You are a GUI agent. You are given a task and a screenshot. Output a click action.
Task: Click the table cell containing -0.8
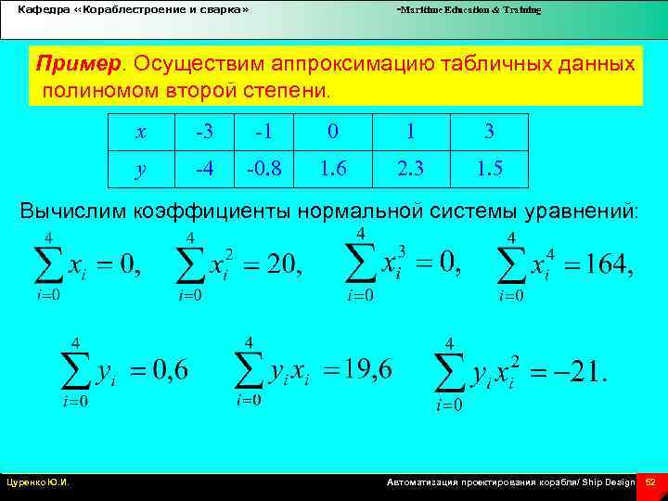tap(264, 169)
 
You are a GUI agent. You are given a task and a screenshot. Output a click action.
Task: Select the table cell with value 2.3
tap(411, 169)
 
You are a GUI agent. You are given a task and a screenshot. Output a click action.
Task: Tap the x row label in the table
tap(140, 132)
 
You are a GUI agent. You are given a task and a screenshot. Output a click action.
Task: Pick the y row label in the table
tap(140, 169)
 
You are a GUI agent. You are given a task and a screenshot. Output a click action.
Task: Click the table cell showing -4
tap(203, 169)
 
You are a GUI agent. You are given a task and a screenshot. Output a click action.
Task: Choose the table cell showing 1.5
tap(489, 169)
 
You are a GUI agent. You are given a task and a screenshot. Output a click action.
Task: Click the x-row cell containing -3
tap(203, 132)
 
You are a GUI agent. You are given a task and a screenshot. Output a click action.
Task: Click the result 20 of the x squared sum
tap(284, 266)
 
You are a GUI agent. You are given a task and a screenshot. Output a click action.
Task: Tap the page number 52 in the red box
tap(650, 482)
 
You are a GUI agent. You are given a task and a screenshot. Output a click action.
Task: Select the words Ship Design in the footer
tap(610, 482)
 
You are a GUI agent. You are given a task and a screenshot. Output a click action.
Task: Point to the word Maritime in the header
tap(417, 9)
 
